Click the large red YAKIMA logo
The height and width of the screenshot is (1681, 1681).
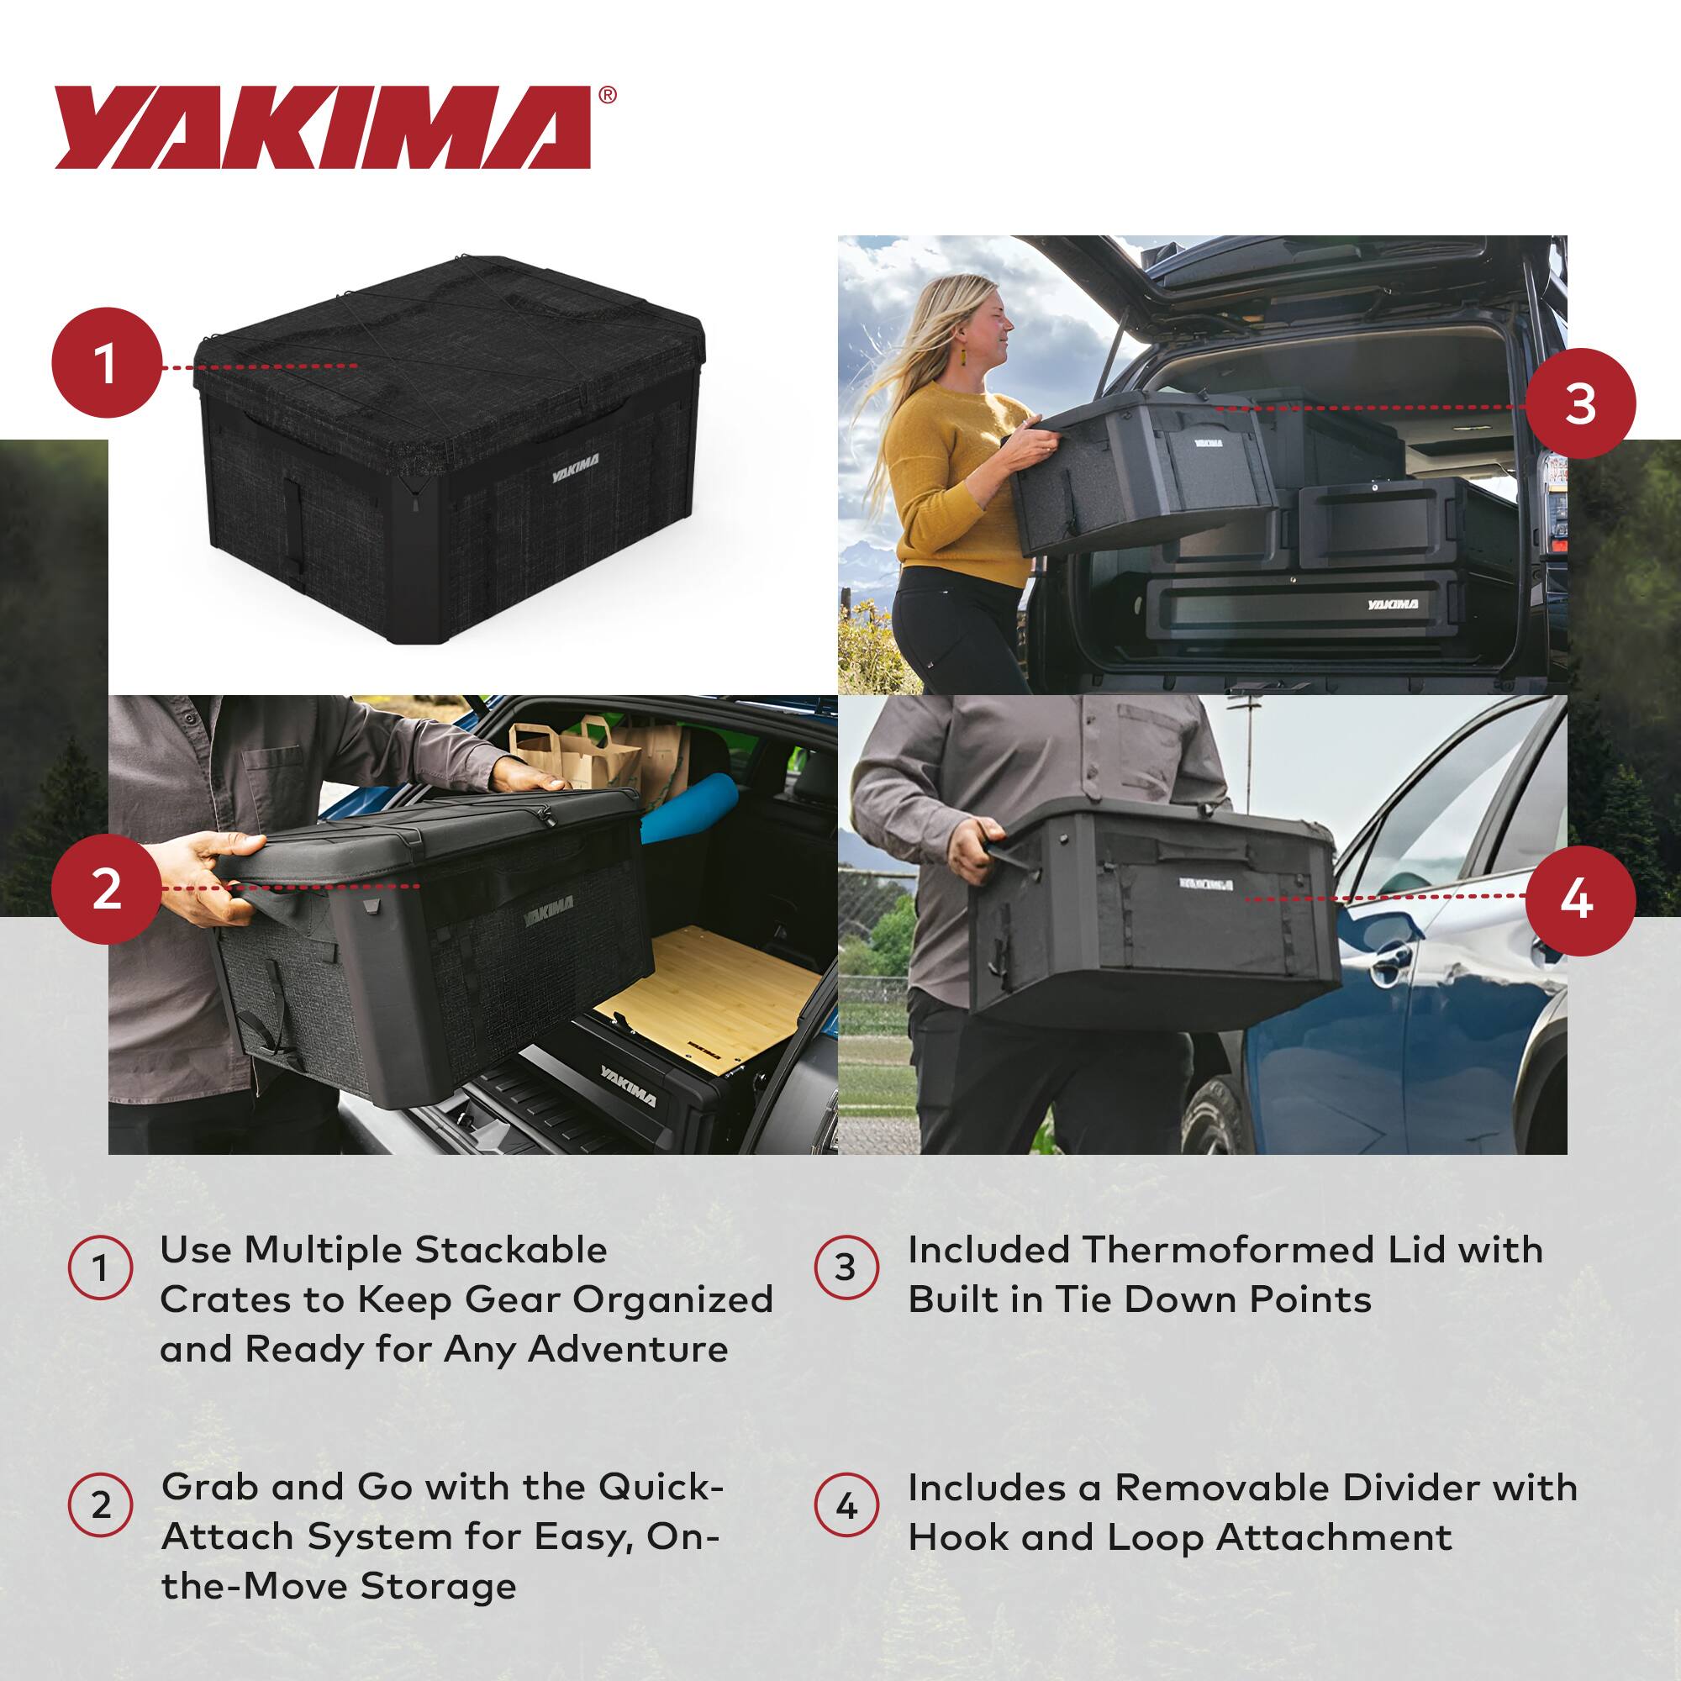(x=322, y=128)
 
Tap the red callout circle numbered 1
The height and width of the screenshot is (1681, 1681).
(x=106, y=363)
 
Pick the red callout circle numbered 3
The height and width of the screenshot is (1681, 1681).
(x=1580, y=403)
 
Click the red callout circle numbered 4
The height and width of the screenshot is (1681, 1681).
(x=1580, y=899)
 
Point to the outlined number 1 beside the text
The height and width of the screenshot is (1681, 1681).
(x=101, y=1267)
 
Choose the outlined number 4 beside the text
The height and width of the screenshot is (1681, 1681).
(x=846, y=1505)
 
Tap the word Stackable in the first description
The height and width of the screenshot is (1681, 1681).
(x=511, y=1251)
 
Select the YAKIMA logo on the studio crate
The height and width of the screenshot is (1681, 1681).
(x=575, y=471)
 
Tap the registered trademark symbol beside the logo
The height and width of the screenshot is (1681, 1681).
(x=609, y=95)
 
